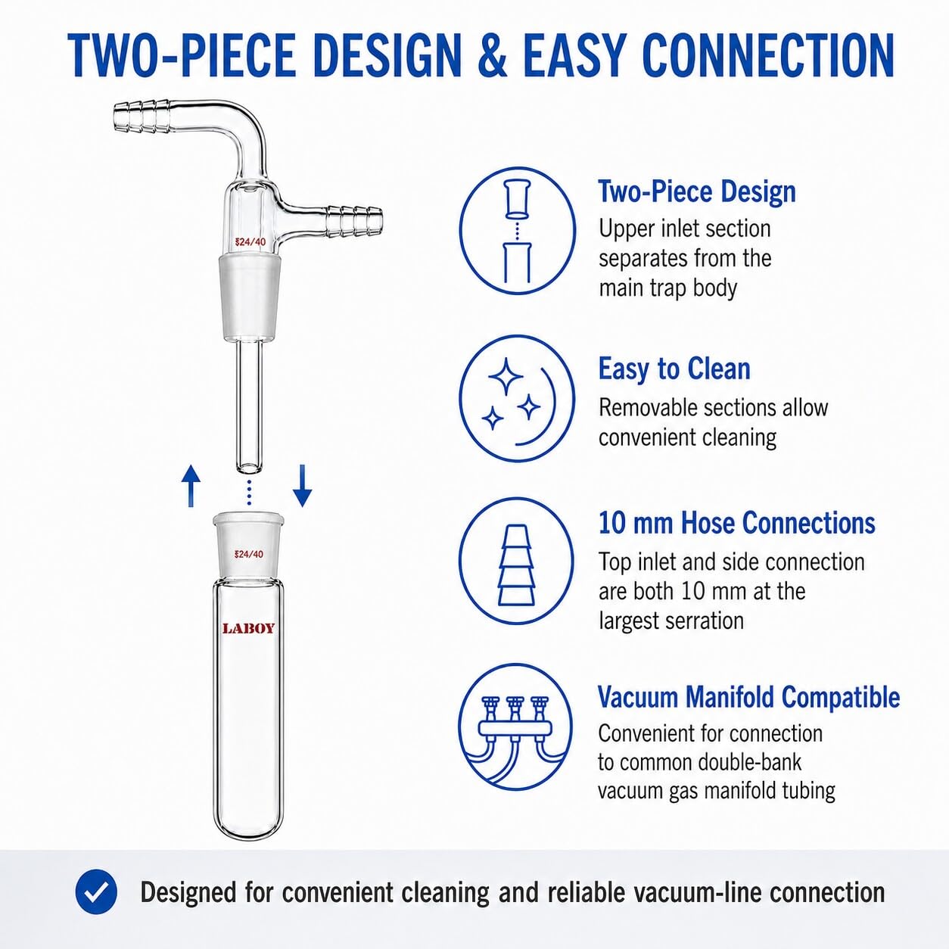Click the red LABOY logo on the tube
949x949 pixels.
click(249, 628)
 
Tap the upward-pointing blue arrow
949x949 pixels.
click(191, 487)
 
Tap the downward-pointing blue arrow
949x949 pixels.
click(302, 486)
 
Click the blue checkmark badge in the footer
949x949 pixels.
click(97, 892)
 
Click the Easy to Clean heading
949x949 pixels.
click(674, 369)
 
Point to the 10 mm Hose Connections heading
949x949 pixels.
click(737, 522)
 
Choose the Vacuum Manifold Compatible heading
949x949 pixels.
click(748, 697)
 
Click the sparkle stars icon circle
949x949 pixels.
click(517, 398)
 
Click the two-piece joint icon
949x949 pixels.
click(517, 231)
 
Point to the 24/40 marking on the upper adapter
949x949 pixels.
click(250, 242)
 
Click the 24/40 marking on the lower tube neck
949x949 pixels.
click(249, 554)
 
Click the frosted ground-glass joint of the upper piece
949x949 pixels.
click(249, 300)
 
